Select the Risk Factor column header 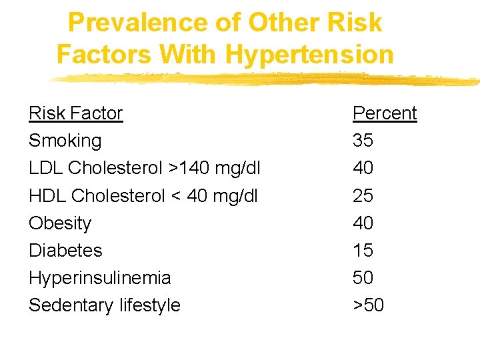pos(75,113)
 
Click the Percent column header pos(385,113)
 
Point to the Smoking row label pos(65,141)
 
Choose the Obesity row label pos(60,223)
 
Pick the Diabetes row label pos(65,250)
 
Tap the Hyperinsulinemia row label pos(100,277)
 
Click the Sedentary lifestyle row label pos(105,305)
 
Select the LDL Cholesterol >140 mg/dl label pos(145,168)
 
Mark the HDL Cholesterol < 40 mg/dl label pos(143,195)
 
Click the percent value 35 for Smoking pos(363,141)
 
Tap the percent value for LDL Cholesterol pos(363,168)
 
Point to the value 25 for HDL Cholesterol pos(363,195)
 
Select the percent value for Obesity pos(363,223)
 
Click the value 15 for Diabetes pos(363,250)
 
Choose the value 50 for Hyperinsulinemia pos(363,277)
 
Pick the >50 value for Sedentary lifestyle pos(369,305)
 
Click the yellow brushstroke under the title pos(267,79)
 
